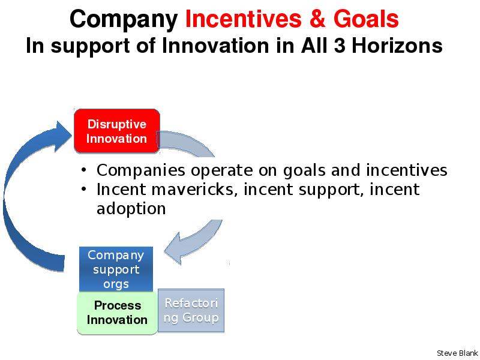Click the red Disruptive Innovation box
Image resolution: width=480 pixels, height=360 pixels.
[117, 131]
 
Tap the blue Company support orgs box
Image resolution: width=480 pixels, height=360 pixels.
[116, 269]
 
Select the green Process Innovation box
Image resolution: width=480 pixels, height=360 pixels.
[117, 313]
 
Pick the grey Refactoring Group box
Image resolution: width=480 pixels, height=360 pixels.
[191, 310]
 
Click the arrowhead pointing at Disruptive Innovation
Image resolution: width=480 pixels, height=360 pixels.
[63, 136]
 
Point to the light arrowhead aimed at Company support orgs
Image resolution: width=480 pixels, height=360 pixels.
[173, 248]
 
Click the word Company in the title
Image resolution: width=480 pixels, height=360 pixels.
[124, 20]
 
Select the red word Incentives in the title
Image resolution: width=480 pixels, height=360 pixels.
[244, 19]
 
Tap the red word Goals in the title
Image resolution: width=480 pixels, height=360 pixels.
[366, 19]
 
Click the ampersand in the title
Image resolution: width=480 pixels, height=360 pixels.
[317, 19]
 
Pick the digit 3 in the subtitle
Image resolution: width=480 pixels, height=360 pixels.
[340, 46]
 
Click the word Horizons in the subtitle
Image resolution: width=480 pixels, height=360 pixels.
[397, 46]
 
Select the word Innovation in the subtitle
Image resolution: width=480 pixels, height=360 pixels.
[215, 46]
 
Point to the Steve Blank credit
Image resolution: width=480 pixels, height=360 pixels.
[457, 353]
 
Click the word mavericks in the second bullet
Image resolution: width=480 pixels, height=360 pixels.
[194, 189]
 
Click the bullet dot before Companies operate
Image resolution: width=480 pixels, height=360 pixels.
[84, 169]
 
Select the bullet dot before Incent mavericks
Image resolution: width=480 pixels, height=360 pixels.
[84, 188]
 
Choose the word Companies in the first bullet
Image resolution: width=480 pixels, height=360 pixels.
[141, 171]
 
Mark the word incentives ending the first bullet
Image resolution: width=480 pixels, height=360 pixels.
[407, 170]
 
